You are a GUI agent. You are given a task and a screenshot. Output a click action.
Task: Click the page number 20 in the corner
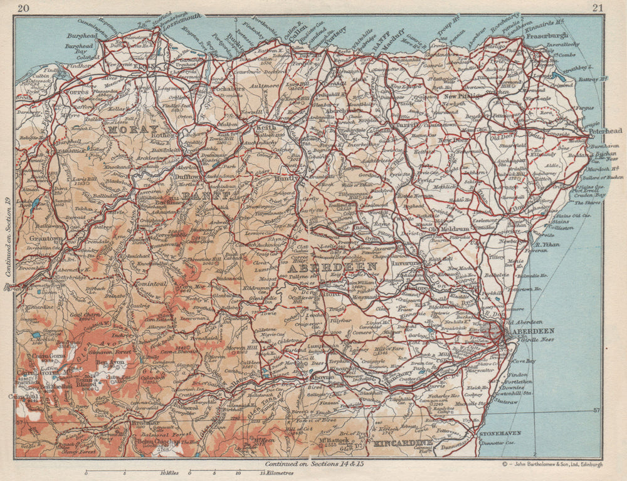pos(23,8)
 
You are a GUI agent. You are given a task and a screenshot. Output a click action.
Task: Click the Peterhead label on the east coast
pos(605,132)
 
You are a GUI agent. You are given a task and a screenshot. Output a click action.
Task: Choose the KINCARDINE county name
pos(403,443)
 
